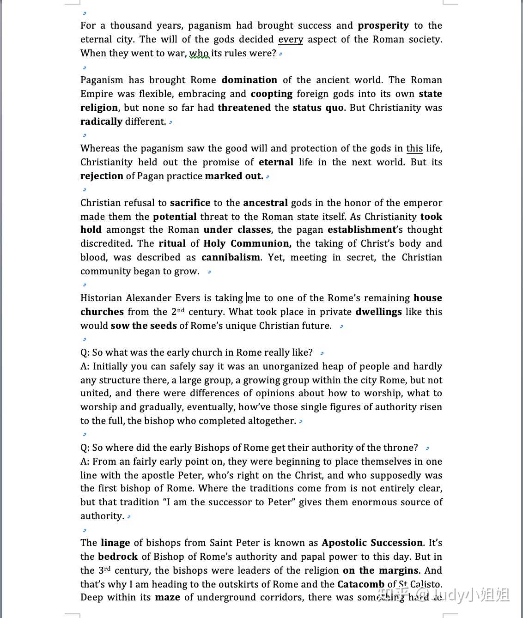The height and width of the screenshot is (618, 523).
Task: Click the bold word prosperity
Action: coord(383,26)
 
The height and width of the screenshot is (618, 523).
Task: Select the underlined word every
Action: coord(291,40)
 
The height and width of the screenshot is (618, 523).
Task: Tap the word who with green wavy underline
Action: coord(199,54)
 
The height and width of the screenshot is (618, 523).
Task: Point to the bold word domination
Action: coord(249,80)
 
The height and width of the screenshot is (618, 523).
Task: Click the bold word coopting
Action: coord(271,94)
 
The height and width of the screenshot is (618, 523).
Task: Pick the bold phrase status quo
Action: coord(318,108)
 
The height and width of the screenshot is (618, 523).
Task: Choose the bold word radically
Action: coord(101,122)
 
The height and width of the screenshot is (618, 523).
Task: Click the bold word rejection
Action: coord(102,176)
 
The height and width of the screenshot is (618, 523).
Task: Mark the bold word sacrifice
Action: coord(190,203)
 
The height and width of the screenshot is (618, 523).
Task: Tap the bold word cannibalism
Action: coord(231,258)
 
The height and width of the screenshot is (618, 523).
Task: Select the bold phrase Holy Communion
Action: coord(247,244)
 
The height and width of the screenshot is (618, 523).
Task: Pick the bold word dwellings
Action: coord(378,312)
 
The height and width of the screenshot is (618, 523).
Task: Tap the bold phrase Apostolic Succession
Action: coord(372,543)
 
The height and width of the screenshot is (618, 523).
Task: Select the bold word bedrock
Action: coord(118,557)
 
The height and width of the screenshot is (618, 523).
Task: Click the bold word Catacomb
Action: coord(360,585)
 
